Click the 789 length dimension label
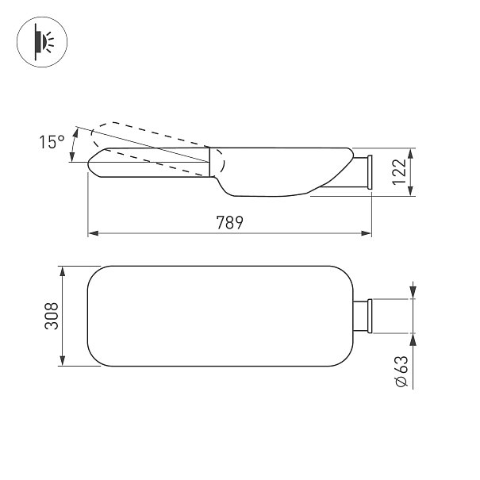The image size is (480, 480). click(x=229, y=223)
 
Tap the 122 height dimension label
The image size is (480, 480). click(x=400, y=171)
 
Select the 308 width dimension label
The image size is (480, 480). click(x=51, y=316)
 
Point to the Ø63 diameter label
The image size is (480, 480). click(x=402, y=371)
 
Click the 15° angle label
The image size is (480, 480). click(x=52, y=142)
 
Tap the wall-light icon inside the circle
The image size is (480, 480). click(x=43, y=42)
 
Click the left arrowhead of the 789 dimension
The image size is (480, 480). click(x=94, y=233)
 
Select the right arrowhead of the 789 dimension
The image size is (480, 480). click(x=366, y=233)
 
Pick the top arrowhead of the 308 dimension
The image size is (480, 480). click(x=63, y=271)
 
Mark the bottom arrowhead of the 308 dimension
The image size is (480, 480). click(x=63, y=360)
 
